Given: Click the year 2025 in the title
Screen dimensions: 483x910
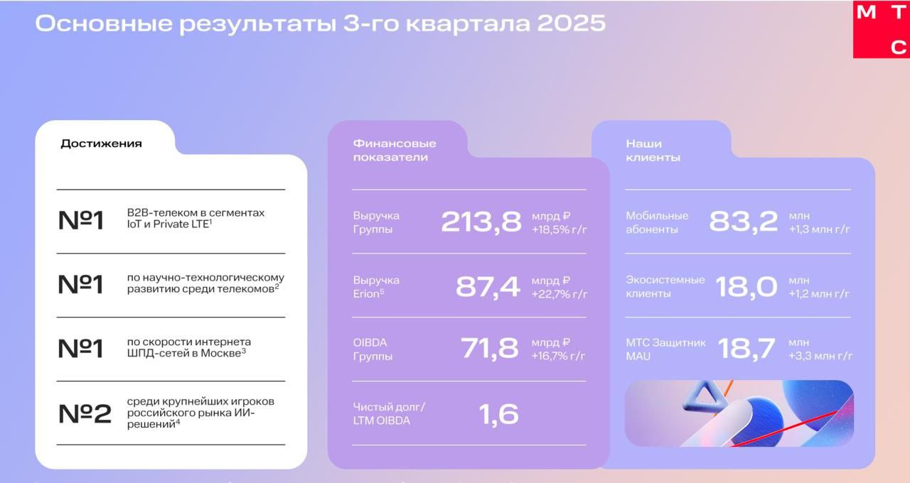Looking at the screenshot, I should coord(571,23).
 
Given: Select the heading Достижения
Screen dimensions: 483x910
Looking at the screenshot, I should coord(101,143).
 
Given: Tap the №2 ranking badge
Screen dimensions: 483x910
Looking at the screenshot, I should coord(85,413).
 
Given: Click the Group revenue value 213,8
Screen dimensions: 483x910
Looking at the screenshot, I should coord(481,222).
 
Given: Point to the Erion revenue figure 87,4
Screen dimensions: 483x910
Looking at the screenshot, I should coord(488,286).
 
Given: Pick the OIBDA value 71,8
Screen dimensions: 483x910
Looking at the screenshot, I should coord(490,349).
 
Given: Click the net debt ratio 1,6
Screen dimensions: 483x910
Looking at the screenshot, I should coord(499,414).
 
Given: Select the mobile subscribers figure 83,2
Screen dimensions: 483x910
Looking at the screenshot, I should coord(743,222).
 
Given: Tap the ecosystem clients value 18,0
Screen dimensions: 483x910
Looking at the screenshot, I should coord(746,286).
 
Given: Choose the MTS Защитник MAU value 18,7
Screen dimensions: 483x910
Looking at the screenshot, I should coord(746,349).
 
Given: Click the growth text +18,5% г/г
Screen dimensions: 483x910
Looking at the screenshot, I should coord(560,230).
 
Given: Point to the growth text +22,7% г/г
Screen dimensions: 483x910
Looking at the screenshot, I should coord(560,294).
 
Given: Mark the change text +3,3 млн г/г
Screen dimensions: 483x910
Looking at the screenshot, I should coord(820,356).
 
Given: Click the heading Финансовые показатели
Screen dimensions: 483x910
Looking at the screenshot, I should coord(395,150).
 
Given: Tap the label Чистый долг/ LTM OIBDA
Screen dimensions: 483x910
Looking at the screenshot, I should coord(389,413).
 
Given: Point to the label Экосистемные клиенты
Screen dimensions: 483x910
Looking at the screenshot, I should coord(665,286).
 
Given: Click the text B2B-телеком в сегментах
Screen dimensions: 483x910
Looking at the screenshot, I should coord(196,212).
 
